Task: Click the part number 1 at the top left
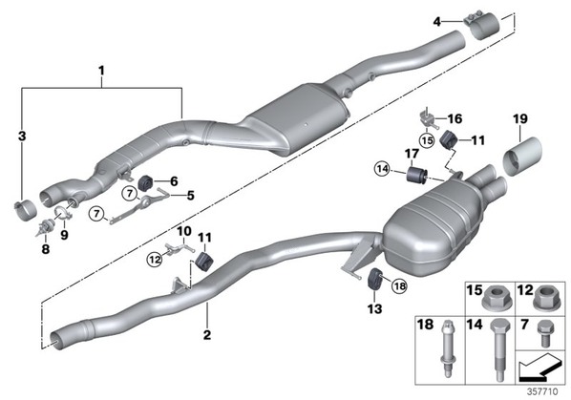click(x=101, y=71)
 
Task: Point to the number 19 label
click(x=520, y=118)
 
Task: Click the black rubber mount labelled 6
click(x=147, y=182)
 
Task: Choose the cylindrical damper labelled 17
click(x=417, y=176)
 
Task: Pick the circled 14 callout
click(x=383, y=169)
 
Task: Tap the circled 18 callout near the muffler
click(x=399, y=285)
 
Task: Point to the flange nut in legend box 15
click(x=496, y=299)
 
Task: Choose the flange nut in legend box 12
click(x=546, y=299)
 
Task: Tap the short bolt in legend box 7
click(x=545, y=333)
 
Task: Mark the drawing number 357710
click(x=542, y=391)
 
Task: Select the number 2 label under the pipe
click(x=207, y=334)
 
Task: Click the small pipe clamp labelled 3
click(x=25, y=210)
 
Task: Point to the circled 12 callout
click(x=155, y=260)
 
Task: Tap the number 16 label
click(x=455, y=118)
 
